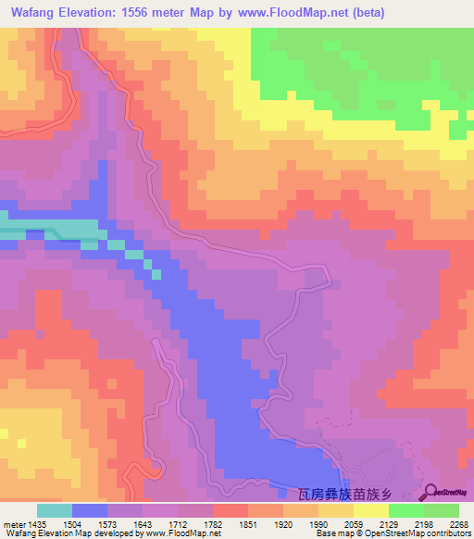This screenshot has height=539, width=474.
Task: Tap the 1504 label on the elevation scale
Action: pyautogui.click(x=86, y=523)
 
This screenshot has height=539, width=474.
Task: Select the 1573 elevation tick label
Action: pyautogui.click(x=121, y=523)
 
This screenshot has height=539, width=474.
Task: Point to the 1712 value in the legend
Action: pyautogui.click(x=192, y=523)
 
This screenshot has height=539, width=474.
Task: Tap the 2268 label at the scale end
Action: pyautogui.click(x=459, y=523)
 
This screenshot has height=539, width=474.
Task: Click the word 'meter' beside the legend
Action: pyautogui.click(x=14, y=523)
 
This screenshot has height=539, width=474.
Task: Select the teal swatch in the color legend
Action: pyautogui.click(x=55, y=510)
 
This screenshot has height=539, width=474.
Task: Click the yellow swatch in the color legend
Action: pyautogui.click(x=370, y=510)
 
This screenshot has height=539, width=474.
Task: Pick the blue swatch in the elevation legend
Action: pyautogui.click(x=90, y=510)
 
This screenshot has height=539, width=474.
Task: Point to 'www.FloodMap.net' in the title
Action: pyautogui.click(x=291, y=13)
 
